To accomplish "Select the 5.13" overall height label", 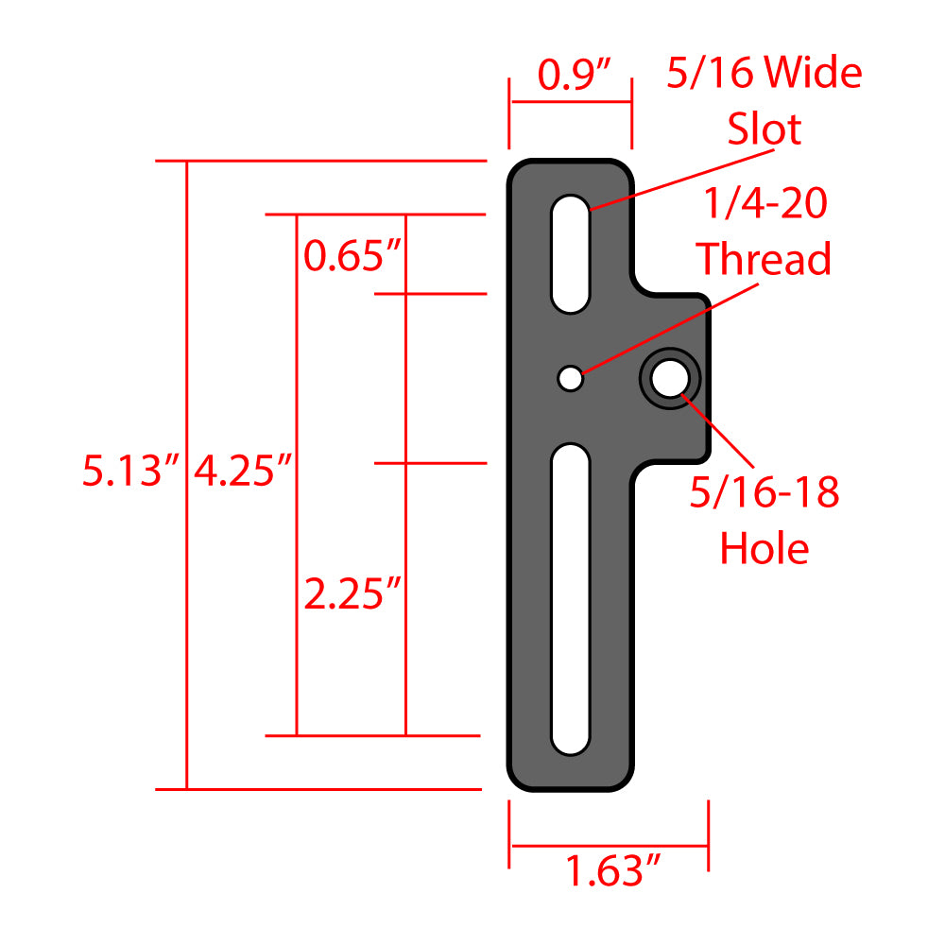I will click(130, 471).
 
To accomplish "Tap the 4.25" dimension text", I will click(241, 471).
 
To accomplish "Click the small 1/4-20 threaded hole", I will click(570, 378).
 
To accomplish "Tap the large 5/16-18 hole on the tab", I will click(671, 379).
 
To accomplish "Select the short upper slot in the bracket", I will click(571, 253).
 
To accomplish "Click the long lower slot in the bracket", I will click(570, 600).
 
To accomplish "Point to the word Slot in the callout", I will click(764, 129).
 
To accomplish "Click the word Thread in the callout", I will click(764, 259).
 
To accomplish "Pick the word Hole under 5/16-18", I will click(765, 548).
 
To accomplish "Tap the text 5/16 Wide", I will click(764, 74).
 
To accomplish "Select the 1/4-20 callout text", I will click(764, 202).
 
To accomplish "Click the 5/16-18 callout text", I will click(764, 492).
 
